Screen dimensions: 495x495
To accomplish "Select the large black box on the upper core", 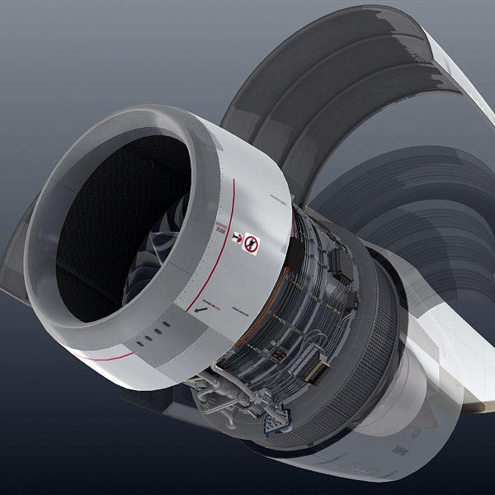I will (340, 262).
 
